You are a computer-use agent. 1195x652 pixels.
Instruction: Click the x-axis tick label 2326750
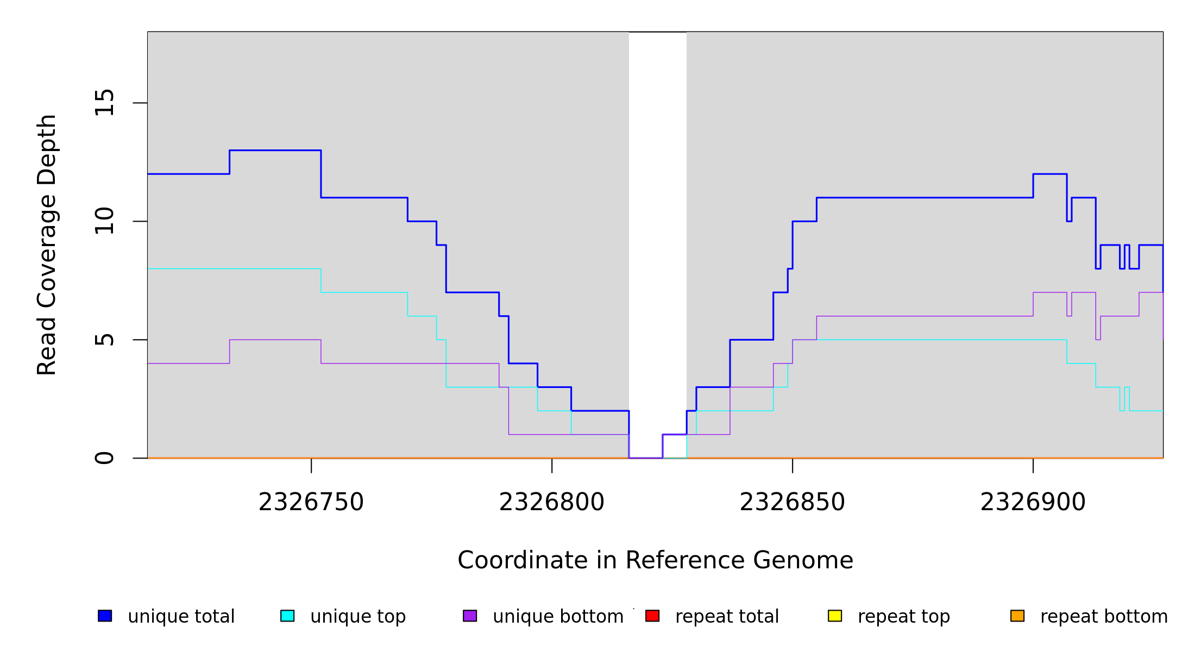tap(311, 502)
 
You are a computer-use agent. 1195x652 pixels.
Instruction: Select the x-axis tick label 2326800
tap(551, 502)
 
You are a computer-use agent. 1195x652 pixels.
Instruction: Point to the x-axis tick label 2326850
tap(792, 502)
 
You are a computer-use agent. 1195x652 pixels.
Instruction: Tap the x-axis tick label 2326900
tap(1033, 502)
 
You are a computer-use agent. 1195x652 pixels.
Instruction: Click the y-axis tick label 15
tap(104, 103)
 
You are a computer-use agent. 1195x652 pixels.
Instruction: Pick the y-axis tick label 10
tap(104, 221)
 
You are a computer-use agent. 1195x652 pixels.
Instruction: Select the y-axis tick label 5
tap(104, 340)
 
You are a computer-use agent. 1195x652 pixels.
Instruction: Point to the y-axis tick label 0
tap(104, 458)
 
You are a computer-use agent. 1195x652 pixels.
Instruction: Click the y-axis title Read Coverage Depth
tap(47, 244)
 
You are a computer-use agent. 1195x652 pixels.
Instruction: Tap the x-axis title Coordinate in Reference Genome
tap(655, 560)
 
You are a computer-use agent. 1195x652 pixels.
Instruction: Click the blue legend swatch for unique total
tap(105, 616)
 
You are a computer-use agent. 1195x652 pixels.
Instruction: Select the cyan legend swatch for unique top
tap(287, 616)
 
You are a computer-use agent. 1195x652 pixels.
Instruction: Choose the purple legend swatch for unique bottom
tap(470, 616)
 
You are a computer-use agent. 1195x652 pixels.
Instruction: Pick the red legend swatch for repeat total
tap(652, 616)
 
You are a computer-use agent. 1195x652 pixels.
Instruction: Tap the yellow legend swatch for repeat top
tap(835, 616)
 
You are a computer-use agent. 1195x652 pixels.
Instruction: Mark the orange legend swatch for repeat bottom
tap(1017, 616)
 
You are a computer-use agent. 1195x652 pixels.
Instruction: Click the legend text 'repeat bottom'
tap(1104, 616)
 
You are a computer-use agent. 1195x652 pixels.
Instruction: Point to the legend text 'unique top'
tap(358, 616)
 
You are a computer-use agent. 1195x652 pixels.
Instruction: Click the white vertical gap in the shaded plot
tap(657, 217)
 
